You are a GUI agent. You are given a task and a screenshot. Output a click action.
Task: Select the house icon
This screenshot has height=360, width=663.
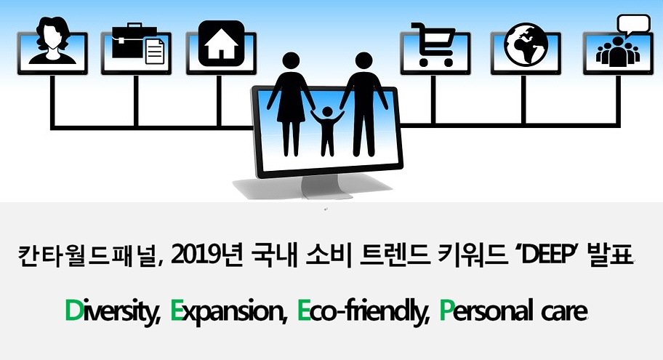221,44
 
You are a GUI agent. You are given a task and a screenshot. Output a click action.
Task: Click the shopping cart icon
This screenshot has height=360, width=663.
434,44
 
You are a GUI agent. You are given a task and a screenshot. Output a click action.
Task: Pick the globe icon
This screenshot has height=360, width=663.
526,44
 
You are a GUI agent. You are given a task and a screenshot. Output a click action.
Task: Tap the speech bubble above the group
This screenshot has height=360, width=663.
633,24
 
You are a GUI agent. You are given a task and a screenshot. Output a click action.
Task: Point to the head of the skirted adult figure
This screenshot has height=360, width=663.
291,61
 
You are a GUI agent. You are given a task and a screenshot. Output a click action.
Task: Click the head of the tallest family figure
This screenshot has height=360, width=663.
363,61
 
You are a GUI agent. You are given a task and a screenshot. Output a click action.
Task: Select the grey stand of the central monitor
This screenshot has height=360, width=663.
326,187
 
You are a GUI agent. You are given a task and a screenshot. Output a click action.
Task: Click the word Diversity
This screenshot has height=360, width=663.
113,311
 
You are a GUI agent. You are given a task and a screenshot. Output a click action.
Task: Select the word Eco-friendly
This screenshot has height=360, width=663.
363,311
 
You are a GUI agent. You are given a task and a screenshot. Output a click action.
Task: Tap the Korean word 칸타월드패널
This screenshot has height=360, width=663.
88,255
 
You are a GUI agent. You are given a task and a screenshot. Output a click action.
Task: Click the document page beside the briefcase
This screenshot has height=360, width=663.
155,51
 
